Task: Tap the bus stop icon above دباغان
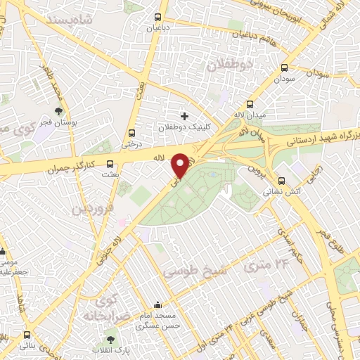pyautogui.click(x=157, y=18)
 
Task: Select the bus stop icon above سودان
pyautogui.click(x=284, y=68)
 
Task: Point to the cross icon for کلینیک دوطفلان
pyautogui.click(x=184, y=116)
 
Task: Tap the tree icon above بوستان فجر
pyautogui.click(x=59, y=112)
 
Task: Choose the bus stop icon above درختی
pyautogui.click(x=131, y=133)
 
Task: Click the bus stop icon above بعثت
pyautogui.click(x=109, y=164)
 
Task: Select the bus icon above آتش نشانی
pyautogui.click(x=281, y=179)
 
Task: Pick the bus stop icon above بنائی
pyautogui.click(x=27, y=335)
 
